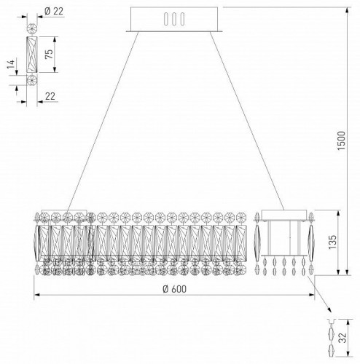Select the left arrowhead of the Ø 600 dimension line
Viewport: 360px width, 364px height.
point(38,295)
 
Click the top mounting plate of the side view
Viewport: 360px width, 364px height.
point(284,214)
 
